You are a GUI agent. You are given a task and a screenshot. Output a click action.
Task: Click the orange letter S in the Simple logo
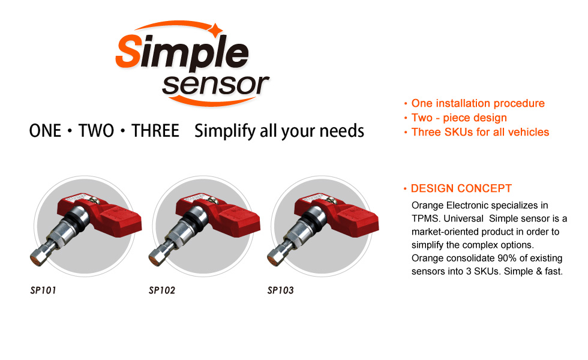(128, 51)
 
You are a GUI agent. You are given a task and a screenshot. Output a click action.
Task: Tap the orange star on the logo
(215, 30)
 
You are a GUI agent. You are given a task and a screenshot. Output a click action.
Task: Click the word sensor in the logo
(215, 85)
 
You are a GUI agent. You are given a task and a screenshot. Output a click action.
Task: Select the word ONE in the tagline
(45, 131)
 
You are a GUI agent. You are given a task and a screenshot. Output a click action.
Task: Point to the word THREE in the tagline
(155, 131)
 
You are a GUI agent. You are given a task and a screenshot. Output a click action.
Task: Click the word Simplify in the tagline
(225, 131)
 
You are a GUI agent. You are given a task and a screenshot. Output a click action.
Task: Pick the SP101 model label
(43, 290)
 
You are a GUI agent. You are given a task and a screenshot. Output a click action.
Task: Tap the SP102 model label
(162, 290)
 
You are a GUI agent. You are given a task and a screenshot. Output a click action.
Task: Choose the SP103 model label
(281, 290)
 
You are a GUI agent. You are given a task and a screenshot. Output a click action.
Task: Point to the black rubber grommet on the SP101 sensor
(76, 220)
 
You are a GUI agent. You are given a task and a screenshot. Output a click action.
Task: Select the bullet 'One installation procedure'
(478, 103)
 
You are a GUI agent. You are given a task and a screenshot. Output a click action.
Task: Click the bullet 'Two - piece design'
(459, 118)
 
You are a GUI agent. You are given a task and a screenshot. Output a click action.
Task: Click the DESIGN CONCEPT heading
(461, 188)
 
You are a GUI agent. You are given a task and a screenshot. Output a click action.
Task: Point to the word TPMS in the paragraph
(425, 218)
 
